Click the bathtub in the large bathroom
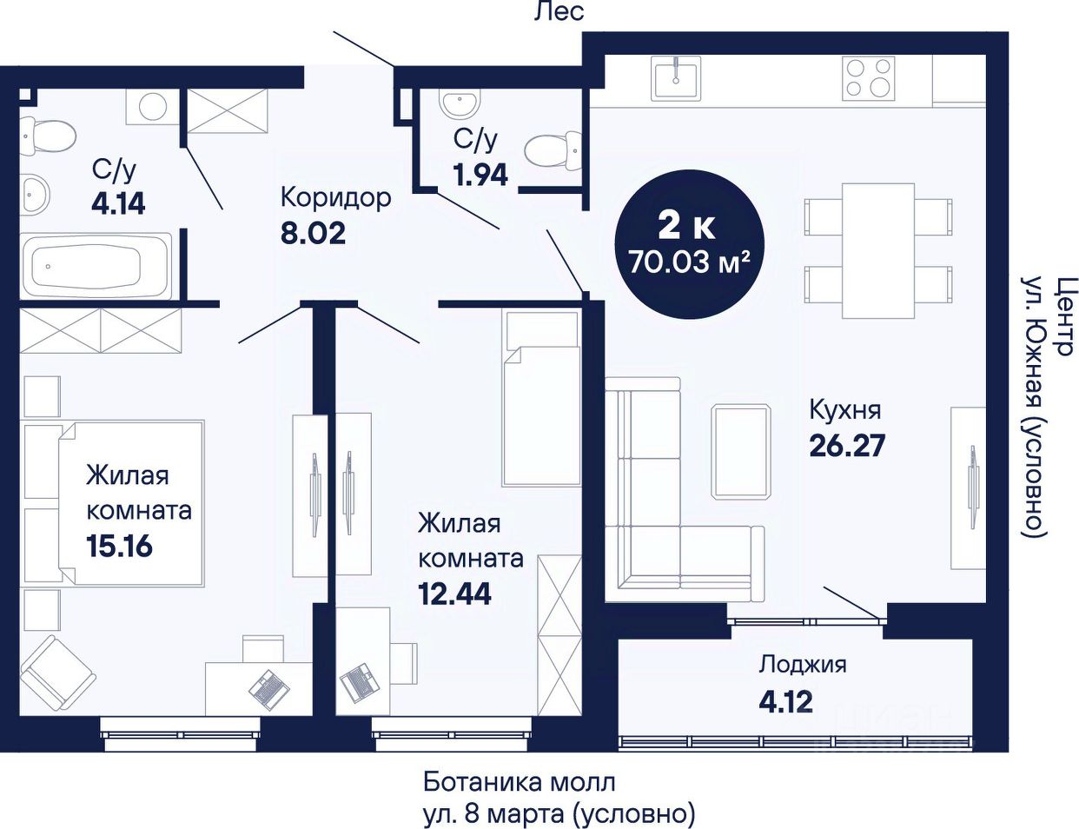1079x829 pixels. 96,267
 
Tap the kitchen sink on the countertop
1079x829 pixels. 676,78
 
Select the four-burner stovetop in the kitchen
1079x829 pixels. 868,78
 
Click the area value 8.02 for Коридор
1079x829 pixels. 313,234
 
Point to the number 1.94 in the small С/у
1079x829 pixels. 480,175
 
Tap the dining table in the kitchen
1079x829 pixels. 878,251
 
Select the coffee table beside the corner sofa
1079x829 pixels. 741,451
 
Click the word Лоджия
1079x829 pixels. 803,665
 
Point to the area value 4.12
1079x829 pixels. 785,702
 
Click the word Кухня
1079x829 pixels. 845,410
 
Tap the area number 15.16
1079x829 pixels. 119,547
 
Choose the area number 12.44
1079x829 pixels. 455,594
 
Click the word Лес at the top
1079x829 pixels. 559,12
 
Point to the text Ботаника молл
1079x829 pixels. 519,783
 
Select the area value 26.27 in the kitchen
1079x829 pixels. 847,446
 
